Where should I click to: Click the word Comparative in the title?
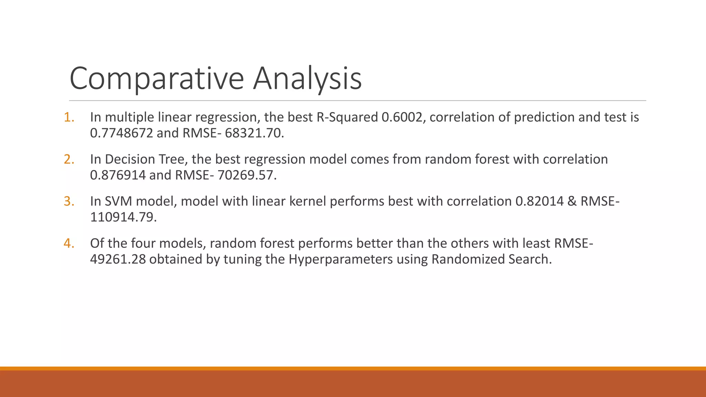(x=157, y=79)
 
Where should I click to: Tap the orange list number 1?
(x=69, y=117)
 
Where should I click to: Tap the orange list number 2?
(x=69, y=159)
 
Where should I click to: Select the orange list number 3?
(x=69, y=201)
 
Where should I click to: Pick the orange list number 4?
(x=69, y=243)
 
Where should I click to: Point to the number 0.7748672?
(x=121, y=133)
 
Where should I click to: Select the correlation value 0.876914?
(x=118, y=175)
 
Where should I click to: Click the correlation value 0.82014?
(x=539, y=201)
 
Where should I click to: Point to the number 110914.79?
(x=123, y=217)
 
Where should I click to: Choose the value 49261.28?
(x=118, y=259)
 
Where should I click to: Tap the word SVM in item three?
(x=118, y=201)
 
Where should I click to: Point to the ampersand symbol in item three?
(x=572, y=201)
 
